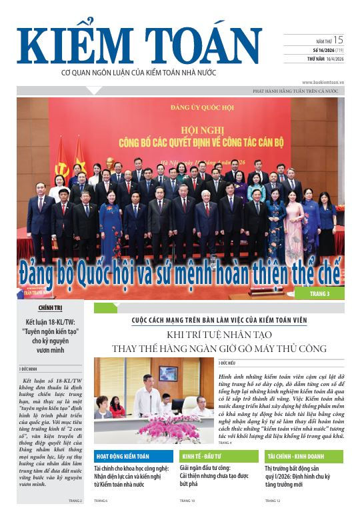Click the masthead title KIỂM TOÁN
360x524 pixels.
point(139,46)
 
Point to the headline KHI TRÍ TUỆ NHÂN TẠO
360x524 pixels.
point(219,335)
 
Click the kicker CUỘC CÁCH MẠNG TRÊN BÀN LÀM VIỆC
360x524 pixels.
point(219,321)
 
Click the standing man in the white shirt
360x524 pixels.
point(145,397)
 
